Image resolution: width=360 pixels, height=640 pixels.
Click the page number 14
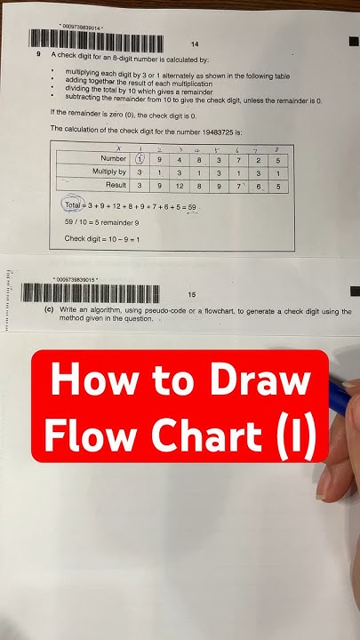pyautogui.click(x=195, y=44)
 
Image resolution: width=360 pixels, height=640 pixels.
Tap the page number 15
pyautogui.click(x=191, y=293)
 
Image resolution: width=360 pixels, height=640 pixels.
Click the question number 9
pyautogui.click(x=38, y=54)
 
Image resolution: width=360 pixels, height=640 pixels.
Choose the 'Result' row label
pyautogui.click(x=115, y=187)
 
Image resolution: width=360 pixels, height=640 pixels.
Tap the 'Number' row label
pyautogui.click(x=114, y=158)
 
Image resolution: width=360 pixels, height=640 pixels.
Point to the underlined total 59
pyautogui.click(x=190, y=206)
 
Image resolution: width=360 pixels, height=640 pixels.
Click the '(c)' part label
pyautogui.click(x=49, y=312)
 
